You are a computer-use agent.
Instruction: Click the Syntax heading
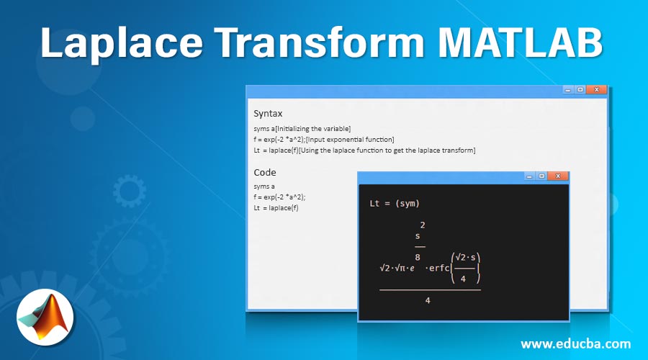[x=268, y=113]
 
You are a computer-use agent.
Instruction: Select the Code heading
[x=264, y=172]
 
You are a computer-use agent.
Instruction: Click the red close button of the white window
[x=595, y=90]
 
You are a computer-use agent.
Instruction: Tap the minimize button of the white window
[x=568, y=90]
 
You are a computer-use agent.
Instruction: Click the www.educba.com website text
[x=575, y=343]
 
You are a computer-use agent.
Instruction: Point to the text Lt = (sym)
[x=394, y=204]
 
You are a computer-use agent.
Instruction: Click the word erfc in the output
[x=437, y=268]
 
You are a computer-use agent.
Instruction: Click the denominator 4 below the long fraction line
[x=428, y=300]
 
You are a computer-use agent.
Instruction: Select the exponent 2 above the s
[x=422, y=225]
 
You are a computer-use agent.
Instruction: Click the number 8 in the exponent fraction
[x=419, y=256]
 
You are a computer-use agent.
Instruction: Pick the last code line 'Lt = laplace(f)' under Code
[x=276, y=207]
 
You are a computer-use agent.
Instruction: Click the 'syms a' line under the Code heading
[x=264, y=186]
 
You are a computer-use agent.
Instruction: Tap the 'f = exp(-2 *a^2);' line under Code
[x=284, y=197]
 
